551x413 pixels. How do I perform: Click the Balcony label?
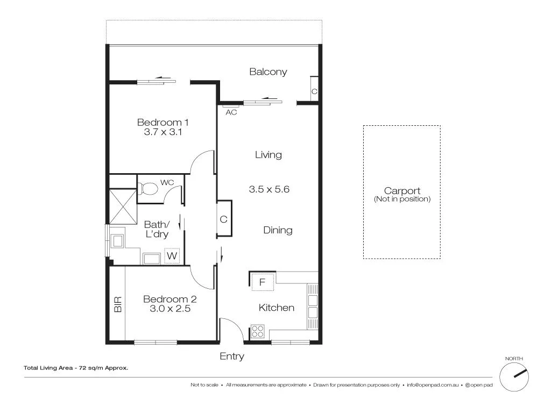tap(268, 72)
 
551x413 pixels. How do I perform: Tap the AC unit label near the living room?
tap(231, 112)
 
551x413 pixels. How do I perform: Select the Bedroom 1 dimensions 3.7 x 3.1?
tap(163, 132)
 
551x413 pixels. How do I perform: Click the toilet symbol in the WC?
tap(148, 188)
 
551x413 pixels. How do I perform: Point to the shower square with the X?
tap(123, 206)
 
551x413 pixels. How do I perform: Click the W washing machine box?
tap(172, 256)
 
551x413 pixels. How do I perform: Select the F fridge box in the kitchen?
tap(263, 281)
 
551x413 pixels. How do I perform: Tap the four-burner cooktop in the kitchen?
tap(258, 331)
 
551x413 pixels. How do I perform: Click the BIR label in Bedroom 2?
tap(118, 304)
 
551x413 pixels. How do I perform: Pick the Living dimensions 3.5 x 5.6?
tap(270, 189)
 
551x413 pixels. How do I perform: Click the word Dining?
tap(278, 230)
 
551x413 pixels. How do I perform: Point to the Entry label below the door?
tap(232, 356)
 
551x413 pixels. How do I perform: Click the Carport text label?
tap(402, 191)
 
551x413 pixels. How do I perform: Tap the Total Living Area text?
tap(75, 368)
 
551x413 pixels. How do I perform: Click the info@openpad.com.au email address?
tap(433, 385)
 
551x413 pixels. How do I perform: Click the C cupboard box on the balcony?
tap(314, 92)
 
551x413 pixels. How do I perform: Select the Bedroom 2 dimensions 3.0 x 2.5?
tap(170, 309)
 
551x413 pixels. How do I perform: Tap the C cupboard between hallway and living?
tap(224, 219)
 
